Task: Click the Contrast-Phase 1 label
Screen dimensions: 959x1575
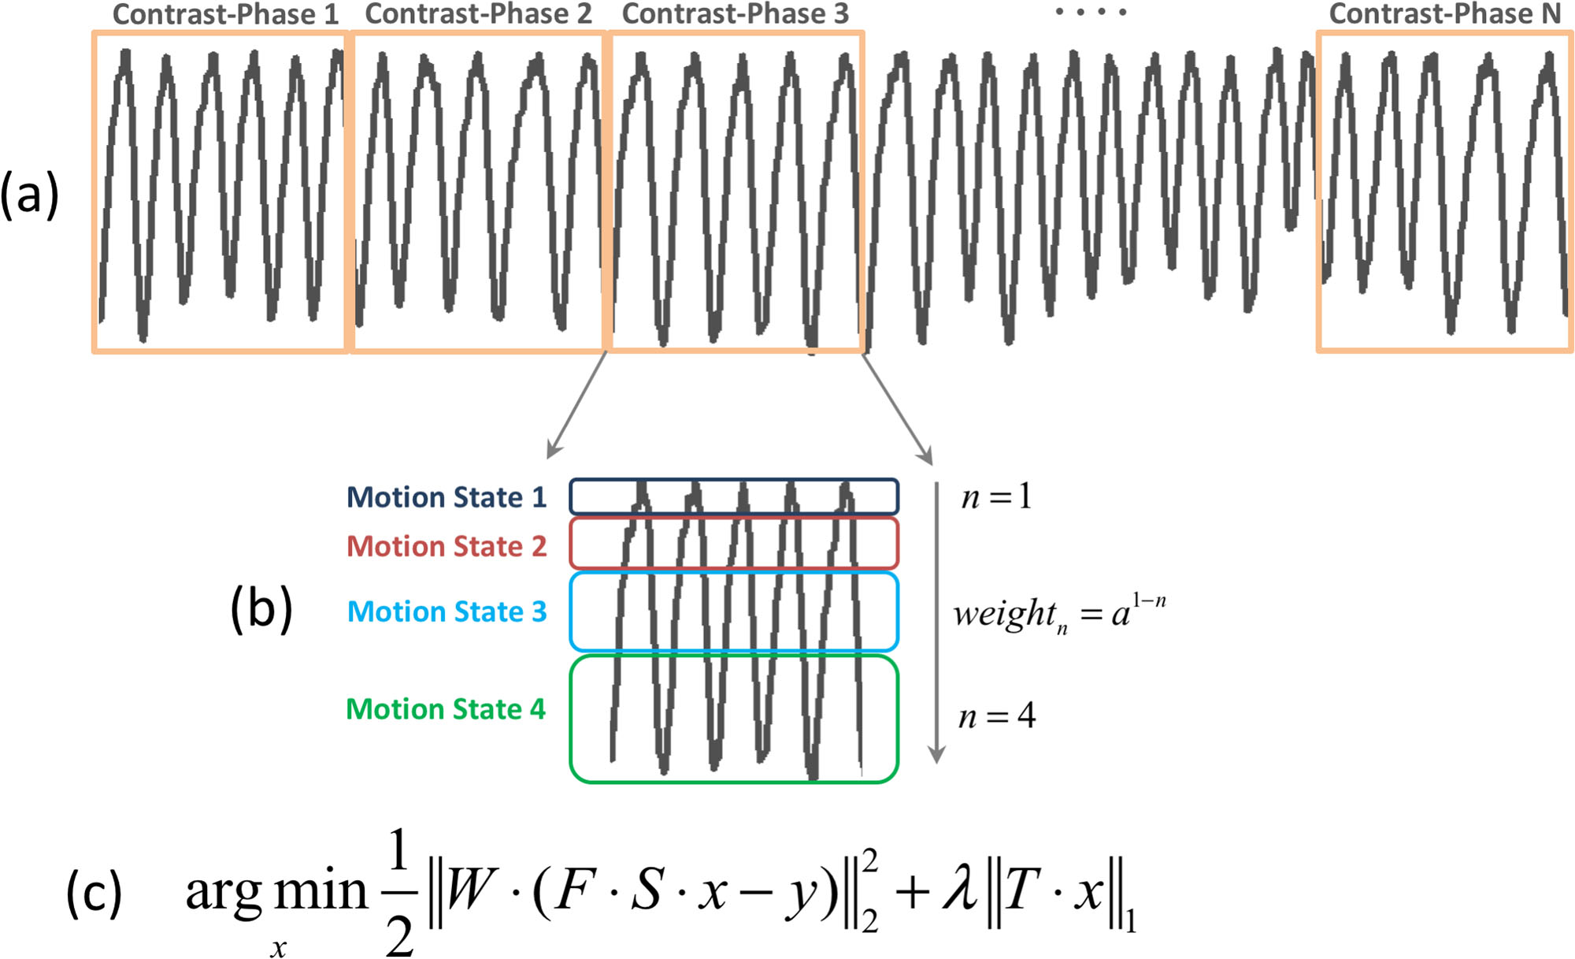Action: pyautogui.click(x=225, y=14)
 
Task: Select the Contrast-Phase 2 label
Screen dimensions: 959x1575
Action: pyautogui.click(x=478, y=14)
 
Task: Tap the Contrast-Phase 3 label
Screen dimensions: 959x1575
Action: pyautogui.click(x=735, y=14)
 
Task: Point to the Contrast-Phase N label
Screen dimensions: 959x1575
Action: pyautogui.click(x=1444, y=14)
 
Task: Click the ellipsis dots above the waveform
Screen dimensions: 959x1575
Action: pyautogui.click(x=1091, y=12)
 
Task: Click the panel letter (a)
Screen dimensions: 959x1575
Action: pyautogui.click(x=29, y=195)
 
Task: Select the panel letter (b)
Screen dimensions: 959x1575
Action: pyautogui.click(x=261, y=609)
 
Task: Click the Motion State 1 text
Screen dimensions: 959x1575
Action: pyautogui.click(x=446, y=497)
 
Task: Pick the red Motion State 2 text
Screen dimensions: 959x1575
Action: pyautogui.click(x=446, y=546)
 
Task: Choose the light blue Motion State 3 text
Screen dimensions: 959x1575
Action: pyautogui.click(x=447, y=611)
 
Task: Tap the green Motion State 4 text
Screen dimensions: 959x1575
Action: pyautogui.click(x=445, y=709)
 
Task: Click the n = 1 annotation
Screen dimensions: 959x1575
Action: pyautogui.click(x=995, y=496)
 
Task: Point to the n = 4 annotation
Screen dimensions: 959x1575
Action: pyautogui.click(x=996, y=716)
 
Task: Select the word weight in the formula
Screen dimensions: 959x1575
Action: pyautogui.click(x=1004, y=613)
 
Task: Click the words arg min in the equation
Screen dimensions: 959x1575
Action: pyautogui.click(x=276, y=893)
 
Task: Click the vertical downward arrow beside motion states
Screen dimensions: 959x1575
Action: pyautogui.click(x=936, y=623)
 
